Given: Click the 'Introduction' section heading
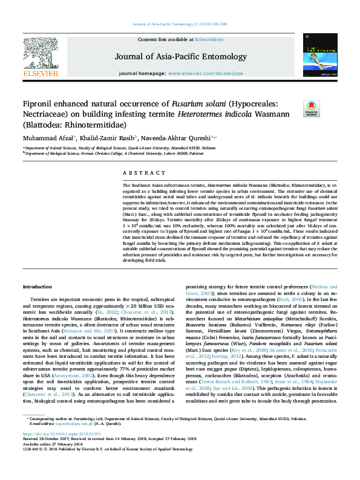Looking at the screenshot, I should coord(37,285).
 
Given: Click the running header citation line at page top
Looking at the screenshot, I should coord(180,24).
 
